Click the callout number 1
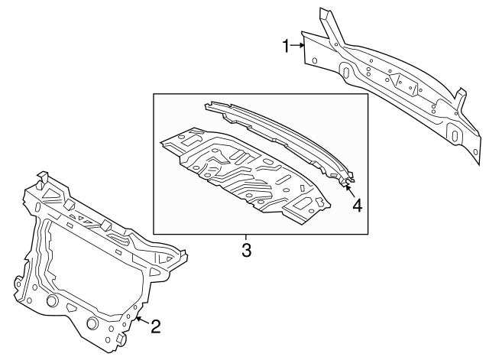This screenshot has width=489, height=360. (x=287, y=47)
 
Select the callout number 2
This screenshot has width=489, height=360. (x=155, y=327)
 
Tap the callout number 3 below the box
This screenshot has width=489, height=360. (x=246, y=249)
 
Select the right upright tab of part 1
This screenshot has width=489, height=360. (x=460, y=98)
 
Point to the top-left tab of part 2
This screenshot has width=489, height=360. (x=42, y=178)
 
